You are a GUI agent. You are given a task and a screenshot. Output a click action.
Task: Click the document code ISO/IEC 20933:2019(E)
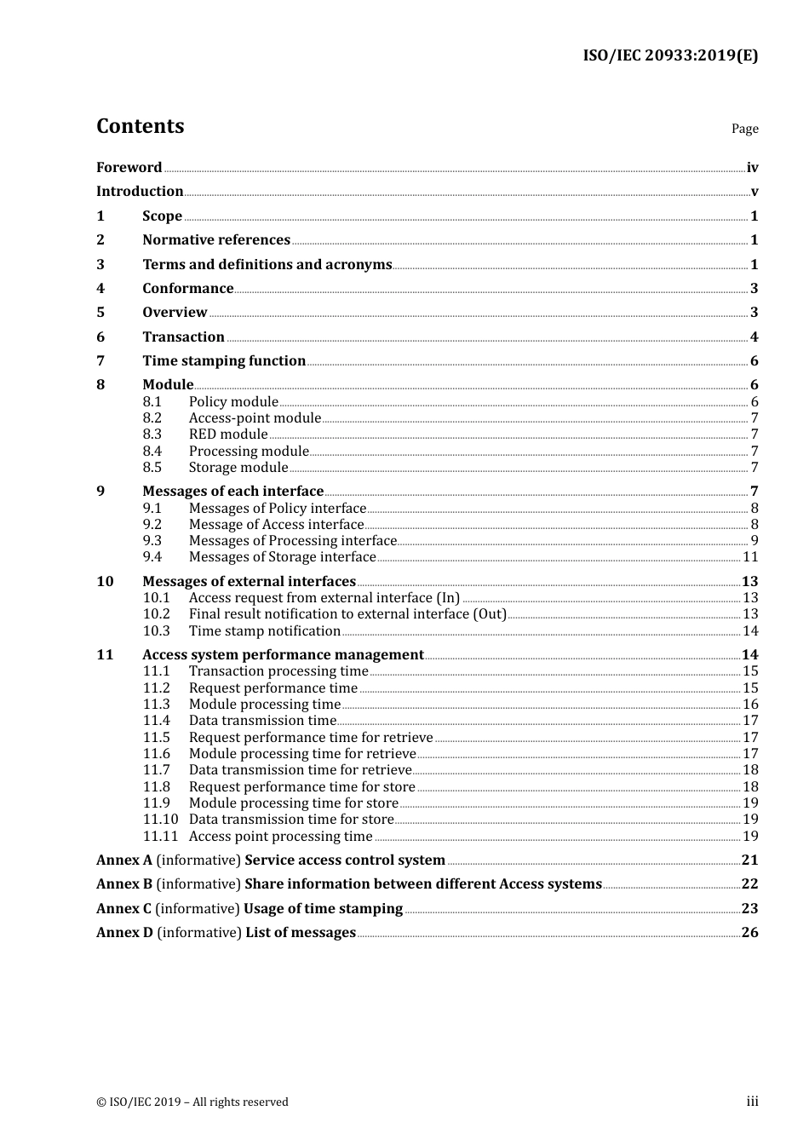[669, 55]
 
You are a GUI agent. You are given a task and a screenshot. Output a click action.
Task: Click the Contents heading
[140, 126]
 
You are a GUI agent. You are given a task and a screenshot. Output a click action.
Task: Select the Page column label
[744, 129]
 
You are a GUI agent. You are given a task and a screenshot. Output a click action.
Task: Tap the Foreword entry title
[129, 167]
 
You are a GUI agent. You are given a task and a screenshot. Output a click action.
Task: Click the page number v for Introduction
[754, 192]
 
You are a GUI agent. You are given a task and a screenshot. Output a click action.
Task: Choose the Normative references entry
[216, 240]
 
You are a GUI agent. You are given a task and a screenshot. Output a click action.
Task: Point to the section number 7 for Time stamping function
[100, 361]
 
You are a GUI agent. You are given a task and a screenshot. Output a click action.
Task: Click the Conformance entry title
[187, 289]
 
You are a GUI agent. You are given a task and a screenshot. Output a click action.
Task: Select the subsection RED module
[228, 434]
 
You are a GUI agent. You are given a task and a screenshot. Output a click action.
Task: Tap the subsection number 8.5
[152, 468]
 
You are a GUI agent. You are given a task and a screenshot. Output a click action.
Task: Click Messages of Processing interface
[292, 541]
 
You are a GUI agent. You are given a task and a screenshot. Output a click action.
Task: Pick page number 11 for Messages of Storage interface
[750, 557]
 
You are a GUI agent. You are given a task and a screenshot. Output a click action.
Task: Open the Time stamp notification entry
[264, 631]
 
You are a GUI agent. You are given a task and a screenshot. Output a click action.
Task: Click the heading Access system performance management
[283, 655]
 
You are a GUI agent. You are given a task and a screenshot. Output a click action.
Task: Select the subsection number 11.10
[160, 820]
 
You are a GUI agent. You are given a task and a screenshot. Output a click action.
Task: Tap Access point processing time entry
[280, 837]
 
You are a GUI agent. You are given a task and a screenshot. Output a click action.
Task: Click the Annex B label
[124, 884]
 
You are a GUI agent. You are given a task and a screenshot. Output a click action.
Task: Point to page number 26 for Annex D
[749, 933]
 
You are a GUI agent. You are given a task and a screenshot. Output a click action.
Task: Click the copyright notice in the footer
[192, 1102]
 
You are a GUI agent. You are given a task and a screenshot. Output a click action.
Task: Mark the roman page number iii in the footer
[752, 1102]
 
